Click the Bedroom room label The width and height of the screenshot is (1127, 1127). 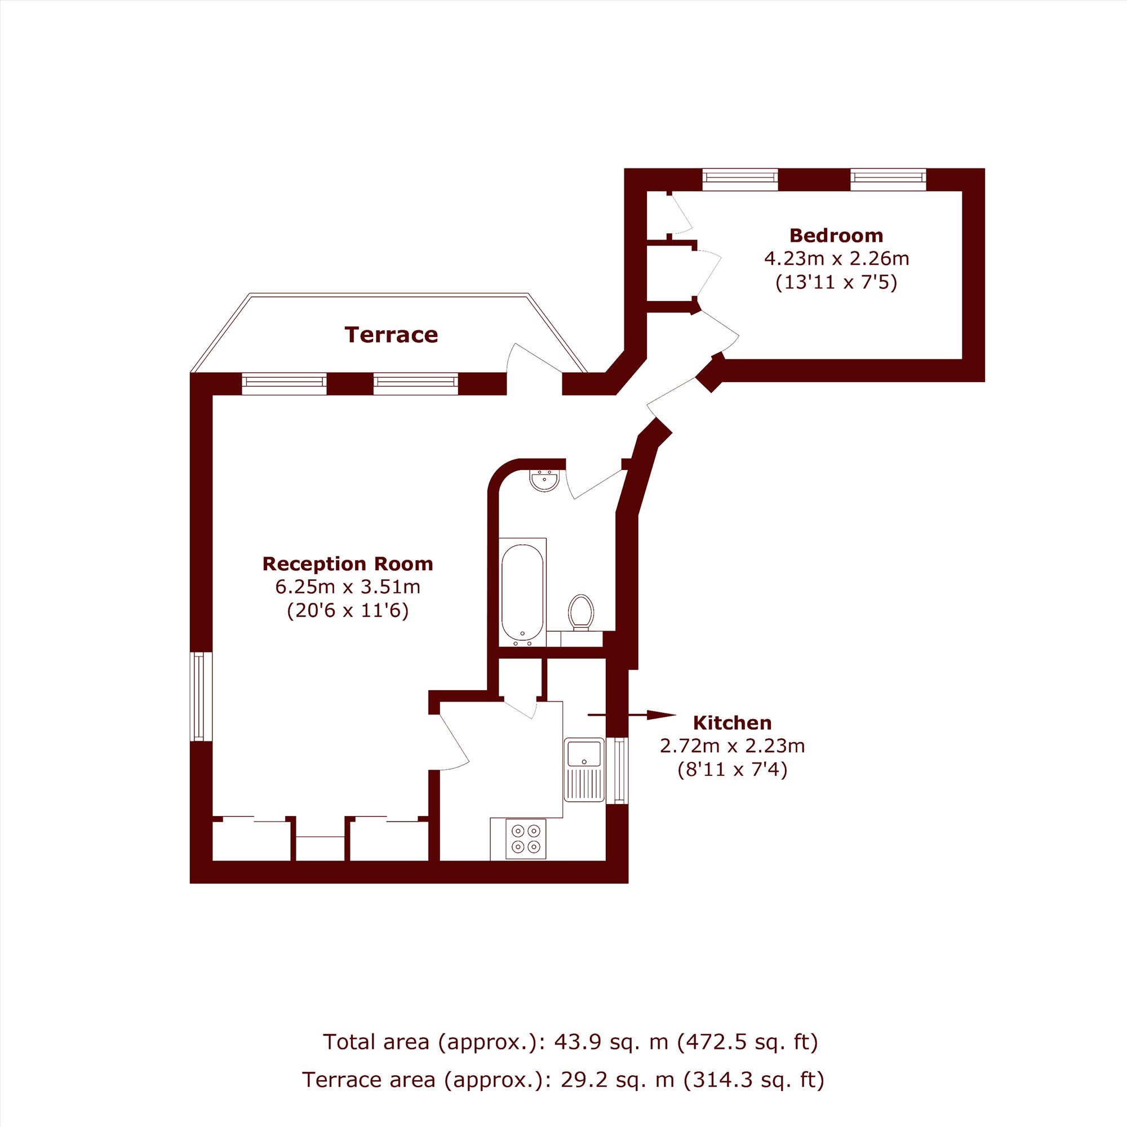pos(836,236)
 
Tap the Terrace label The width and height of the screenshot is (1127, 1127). pos(391,335)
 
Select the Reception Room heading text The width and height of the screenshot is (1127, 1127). pos(348,563)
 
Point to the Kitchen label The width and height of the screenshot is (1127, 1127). pos(732,723)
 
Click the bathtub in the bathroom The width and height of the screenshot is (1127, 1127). pos(523,592)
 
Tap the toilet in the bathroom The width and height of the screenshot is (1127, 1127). pos(580,612)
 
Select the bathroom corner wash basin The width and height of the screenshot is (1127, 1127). pos(544,481)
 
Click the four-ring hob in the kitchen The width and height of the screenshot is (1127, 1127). pos(526,839)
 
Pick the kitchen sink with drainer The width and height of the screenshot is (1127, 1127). pos(584,769)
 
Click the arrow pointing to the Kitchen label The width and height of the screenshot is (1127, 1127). pos(631,715)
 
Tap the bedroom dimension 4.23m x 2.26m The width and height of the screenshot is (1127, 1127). pos(836,258)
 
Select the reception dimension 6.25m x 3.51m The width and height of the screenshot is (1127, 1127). pos(348,586)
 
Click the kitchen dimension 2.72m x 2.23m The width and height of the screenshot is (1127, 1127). pos(732,746)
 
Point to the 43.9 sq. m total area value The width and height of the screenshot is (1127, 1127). pos(611,1041)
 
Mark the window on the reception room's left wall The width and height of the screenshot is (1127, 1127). pos(201,696)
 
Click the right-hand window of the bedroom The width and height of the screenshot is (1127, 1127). pos(888,179)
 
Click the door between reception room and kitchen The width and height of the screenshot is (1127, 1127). pos(454,741)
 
